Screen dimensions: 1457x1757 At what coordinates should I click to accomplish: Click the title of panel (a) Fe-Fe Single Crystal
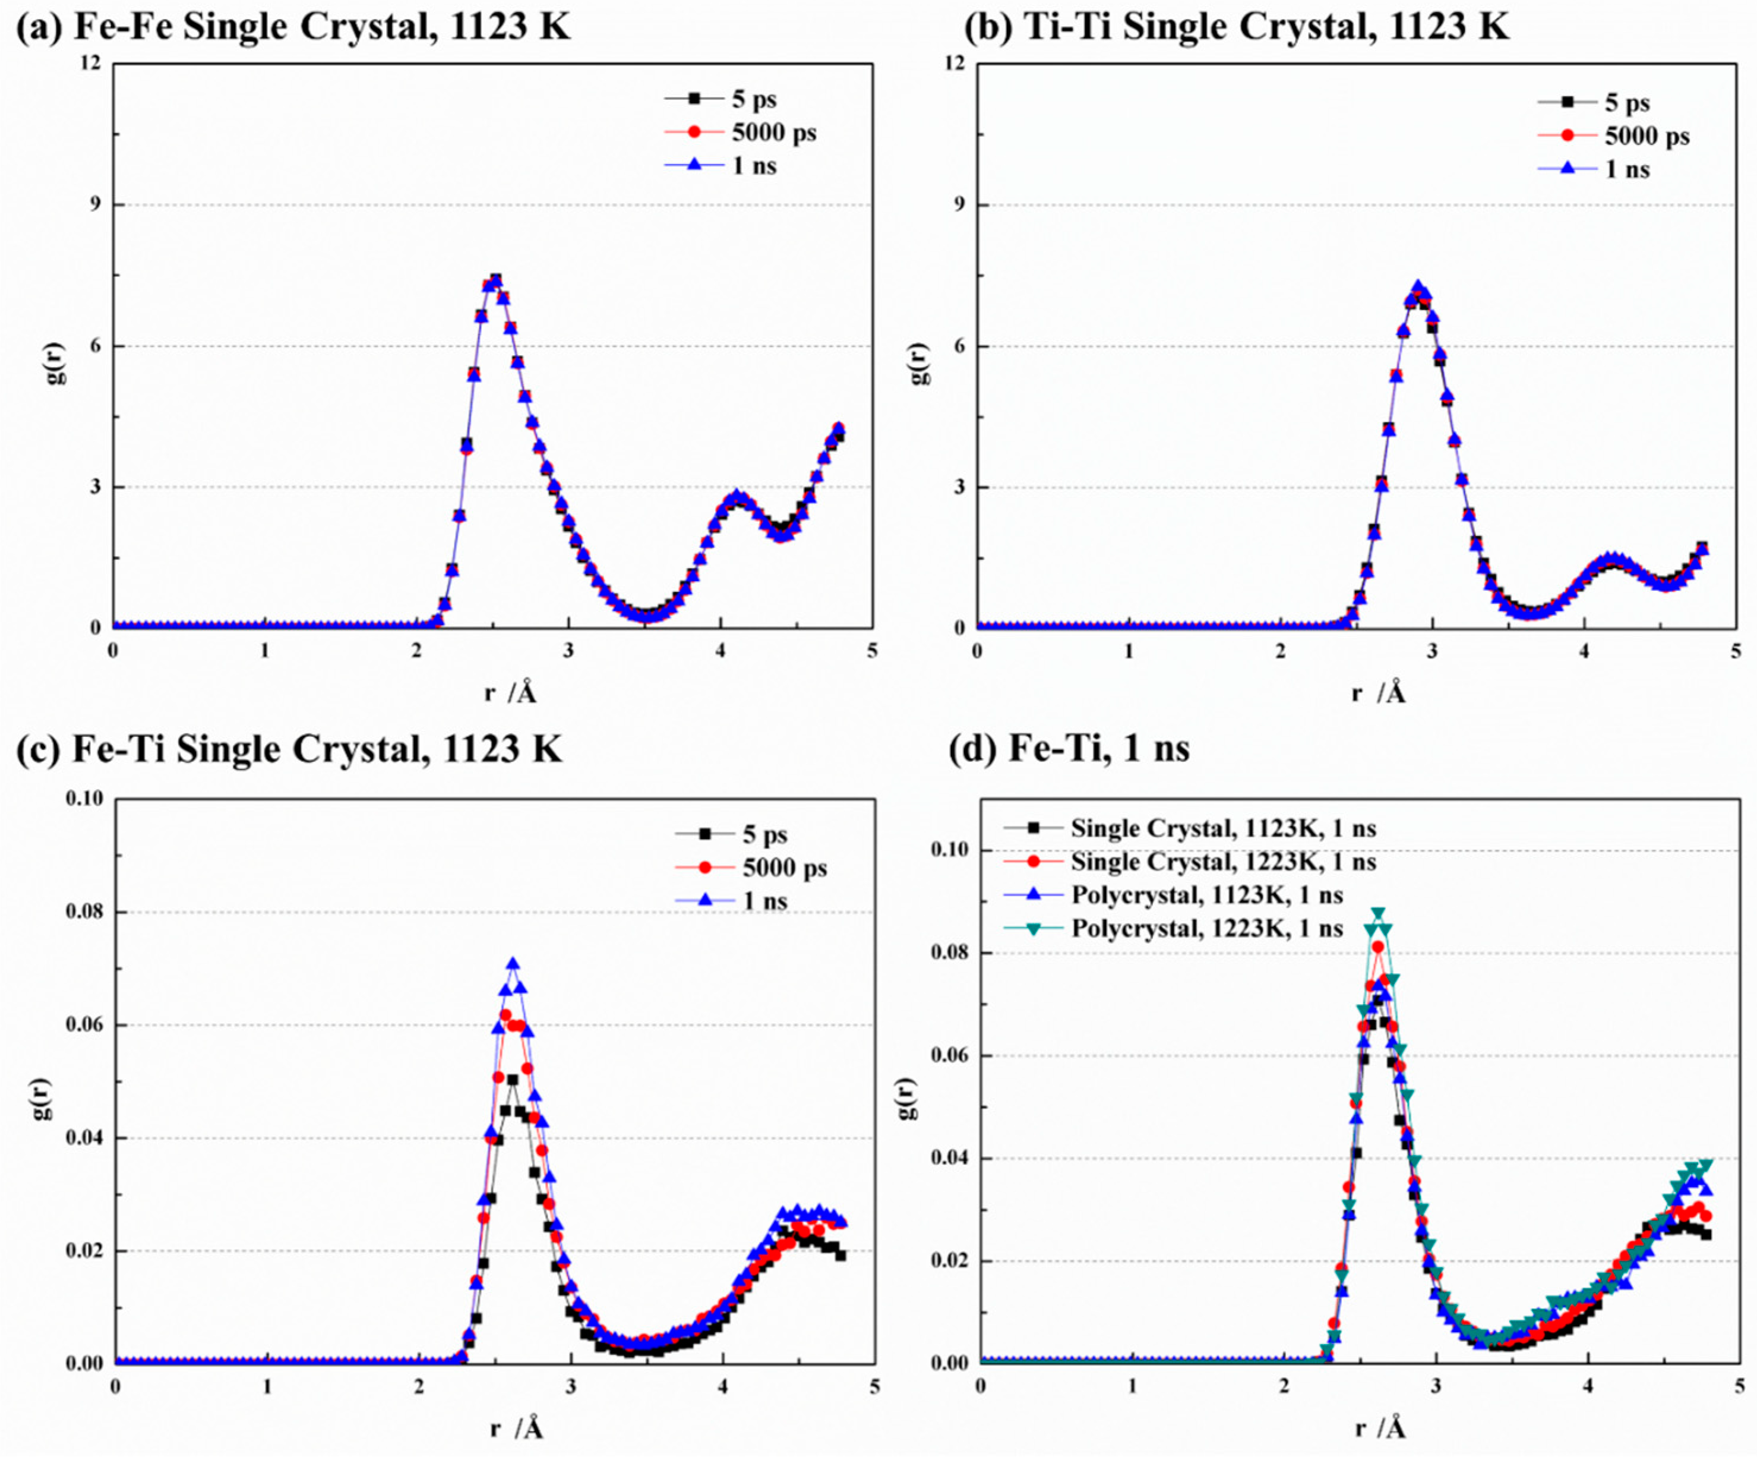[293, 27]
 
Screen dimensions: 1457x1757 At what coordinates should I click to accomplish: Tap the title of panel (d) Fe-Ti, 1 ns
[1069, 748]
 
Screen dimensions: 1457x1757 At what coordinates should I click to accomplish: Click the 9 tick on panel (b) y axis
[959, 204]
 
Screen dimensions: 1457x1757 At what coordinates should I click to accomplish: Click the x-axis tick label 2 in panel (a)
[416, 650]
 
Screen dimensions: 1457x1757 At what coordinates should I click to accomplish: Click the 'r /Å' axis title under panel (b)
[1378, 693]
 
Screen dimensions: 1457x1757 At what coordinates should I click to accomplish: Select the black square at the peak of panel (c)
[512, 1080]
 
